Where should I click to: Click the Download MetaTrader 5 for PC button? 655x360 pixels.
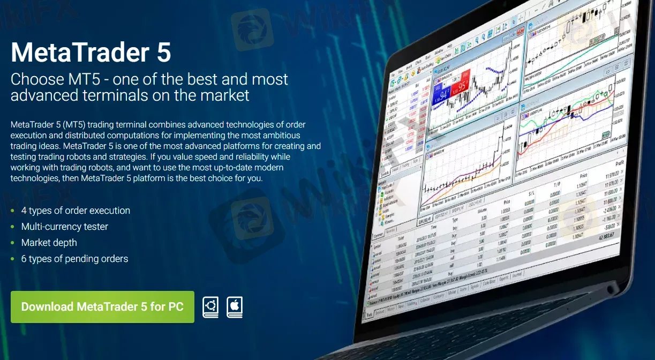click(x=102, y=307)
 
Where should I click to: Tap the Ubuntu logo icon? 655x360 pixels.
click(x=210, y=307)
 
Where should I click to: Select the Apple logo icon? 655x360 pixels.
click(x=235, y=307)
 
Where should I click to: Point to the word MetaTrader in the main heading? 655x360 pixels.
click(x=80, y=52)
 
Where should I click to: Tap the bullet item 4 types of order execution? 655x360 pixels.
click(x=76, y=211)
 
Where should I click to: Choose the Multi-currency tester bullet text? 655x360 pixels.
click(x=65, y=227)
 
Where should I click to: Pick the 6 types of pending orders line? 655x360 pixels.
click(x=74, y=259)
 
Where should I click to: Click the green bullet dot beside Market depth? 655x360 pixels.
click(x=13, y=243)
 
